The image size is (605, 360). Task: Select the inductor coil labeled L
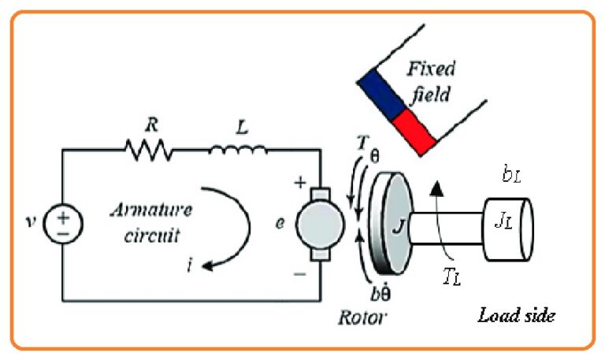tap(238, 147)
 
